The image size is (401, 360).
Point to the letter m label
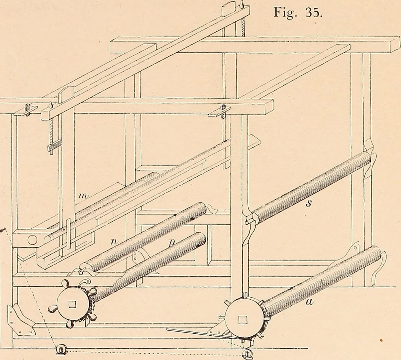point(83,196)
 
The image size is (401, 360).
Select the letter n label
point(112,242)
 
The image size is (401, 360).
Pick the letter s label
point(309,203)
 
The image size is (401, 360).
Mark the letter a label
point(309,302)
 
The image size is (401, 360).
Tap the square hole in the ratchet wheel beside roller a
point(242,320)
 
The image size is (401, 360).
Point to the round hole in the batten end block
point(33,240)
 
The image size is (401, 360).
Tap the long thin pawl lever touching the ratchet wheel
point(204,333)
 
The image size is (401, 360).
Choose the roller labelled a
point(322,281)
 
